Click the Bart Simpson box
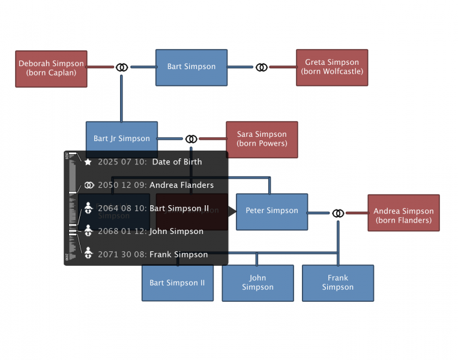coord(191,67)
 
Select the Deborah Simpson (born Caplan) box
coord(51,68)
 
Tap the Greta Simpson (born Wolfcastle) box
coord(331,67)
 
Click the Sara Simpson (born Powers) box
coord(262,139)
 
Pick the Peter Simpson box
coord(271,211)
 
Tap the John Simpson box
coord(258,283)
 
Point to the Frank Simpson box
coord(337,283)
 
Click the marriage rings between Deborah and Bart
coord(122,67)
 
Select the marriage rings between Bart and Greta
coord(261,67)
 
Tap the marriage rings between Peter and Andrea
coord(338,213)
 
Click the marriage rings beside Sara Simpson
coord(191,139)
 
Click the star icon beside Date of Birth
coord(88,162)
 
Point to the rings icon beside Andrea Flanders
coord(89,185)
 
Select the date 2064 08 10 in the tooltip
coord(122,209)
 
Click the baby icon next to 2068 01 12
coord(88,231)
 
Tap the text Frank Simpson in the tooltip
coord(178,254)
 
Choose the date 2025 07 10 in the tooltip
coord(122,162)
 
